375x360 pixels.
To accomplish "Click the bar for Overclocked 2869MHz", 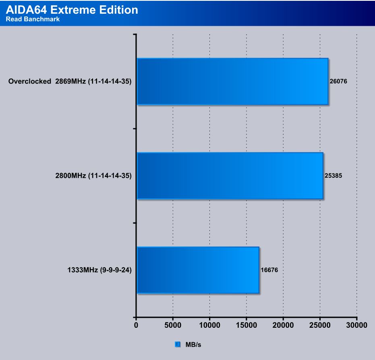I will [232, 81].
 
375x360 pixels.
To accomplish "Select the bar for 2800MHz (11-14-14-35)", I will [230, 176].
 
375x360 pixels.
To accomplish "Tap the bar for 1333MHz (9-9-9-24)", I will [198, 270].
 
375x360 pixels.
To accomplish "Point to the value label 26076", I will [338, 81].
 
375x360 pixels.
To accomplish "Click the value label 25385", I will [333, 176].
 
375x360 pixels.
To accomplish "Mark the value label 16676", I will [269, 270].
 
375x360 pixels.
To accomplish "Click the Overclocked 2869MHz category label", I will [70, 81].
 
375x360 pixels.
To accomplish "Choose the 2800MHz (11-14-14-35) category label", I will [93, 176].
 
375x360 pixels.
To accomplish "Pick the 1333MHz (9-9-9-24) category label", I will [99, 270].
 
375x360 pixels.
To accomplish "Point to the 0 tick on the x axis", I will [136, 325].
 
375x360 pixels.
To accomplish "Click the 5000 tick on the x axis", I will [173, 325].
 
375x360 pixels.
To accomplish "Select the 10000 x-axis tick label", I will [209, 325].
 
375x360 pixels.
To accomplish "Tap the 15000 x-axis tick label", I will [247, 325].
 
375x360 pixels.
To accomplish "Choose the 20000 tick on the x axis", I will [283, 325].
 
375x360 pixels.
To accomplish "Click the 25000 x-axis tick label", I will [320, 325].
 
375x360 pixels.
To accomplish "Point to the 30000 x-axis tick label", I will [356, 325].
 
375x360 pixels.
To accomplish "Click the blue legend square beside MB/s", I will [178, 345].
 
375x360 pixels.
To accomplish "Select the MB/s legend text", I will [193, 345].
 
